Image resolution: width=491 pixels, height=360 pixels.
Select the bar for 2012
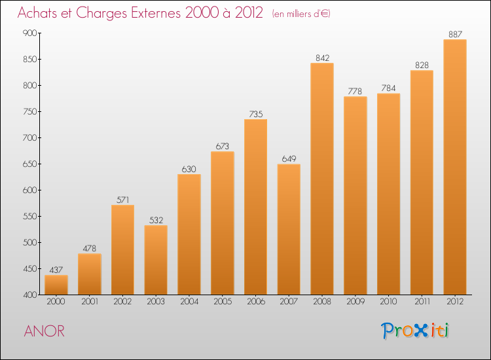click(454, 167)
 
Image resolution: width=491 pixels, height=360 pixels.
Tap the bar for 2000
click(56, 285)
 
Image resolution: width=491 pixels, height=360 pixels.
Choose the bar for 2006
click(255, 207)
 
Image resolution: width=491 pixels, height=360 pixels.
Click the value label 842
click(321, 58)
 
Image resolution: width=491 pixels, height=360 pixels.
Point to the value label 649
click(289, 158)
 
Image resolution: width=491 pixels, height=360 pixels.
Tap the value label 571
click(122, 200)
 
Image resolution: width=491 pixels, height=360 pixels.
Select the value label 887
click(454, 34)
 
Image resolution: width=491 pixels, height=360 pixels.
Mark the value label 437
click(56, 270)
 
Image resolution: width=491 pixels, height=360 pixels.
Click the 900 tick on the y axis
click(31, 33)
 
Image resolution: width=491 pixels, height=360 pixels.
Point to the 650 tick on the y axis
click(31, 164)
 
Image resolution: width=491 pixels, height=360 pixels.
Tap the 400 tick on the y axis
click(31, 295)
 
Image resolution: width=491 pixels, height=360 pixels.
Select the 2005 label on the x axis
click(222, 302)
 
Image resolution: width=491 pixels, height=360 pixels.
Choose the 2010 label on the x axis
click(388, 302)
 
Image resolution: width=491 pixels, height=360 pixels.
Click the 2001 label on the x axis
click(89, 302)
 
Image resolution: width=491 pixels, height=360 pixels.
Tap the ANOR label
click(45, 331)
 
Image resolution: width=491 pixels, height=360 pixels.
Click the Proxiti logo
click(416, 331)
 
